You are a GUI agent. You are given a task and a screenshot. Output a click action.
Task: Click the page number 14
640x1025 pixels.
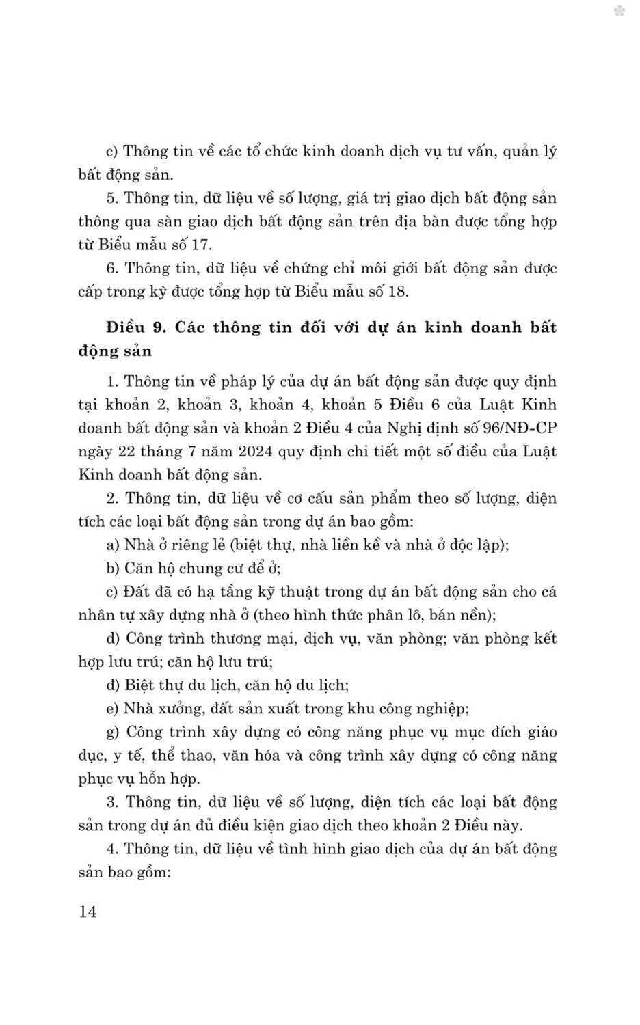[88, 911]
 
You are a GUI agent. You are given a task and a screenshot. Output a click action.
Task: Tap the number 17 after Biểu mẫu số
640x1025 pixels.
[203, 245]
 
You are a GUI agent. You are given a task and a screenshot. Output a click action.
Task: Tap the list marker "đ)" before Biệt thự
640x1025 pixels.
[113, 685]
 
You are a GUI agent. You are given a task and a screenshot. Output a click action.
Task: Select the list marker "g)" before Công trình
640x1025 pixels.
[113, 732]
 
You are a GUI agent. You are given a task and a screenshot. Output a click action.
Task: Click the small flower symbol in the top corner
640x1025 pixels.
[619, 12]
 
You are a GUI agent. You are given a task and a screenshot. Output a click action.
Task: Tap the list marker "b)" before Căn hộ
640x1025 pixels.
[113, 568]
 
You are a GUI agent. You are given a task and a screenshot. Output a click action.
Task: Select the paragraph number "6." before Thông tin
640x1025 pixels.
[113, 268]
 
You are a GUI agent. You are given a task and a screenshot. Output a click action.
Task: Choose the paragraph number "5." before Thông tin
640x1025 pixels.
[113, 198]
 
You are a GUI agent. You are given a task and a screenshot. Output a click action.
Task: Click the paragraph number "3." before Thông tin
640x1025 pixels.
[113, 802]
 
